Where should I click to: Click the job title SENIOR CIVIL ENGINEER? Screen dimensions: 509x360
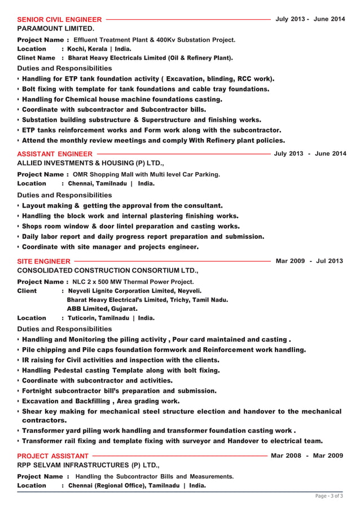point(59,20)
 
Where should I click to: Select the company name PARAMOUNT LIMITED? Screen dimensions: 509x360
point(56,28)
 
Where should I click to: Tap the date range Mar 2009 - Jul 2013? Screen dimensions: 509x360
point(309,261)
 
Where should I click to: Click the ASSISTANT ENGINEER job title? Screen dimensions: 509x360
point(55,154)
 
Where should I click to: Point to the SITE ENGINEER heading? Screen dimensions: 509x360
point(44,262)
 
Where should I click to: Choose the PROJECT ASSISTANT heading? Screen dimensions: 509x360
point(53,456)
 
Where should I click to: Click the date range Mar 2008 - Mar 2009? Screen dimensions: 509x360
point(307,455)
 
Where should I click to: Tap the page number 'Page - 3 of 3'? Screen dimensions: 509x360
point(328,496)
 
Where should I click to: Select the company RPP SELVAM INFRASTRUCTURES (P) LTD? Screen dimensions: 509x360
point(89,465)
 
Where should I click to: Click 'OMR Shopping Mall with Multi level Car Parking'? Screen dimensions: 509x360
point(147,174)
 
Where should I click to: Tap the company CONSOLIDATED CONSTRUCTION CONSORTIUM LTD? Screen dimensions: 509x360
point(108,271)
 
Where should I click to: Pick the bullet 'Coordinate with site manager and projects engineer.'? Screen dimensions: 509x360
point(110,247)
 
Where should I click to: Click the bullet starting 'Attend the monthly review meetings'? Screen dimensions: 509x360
point(153,141)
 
